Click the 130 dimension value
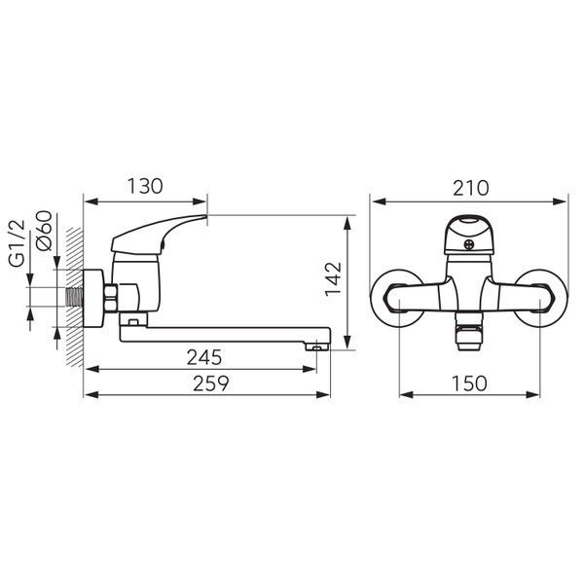point(145,186)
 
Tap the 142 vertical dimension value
point(333,278)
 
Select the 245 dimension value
point(204,357)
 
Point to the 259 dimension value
point(210,383)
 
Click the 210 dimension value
point(470,188)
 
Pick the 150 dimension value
point(469,383)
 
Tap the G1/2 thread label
point(18,243)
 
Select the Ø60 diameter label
point(44,231)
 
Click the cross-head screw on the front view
point(469,245)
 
